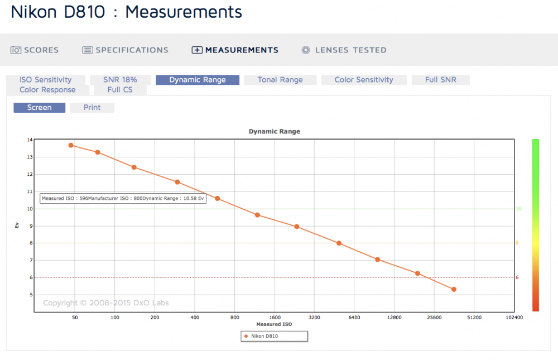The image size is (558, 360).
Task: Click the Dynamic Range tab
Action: click(x=198, y=80)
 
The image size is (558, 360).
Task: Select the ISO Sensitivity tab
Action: click(x=46, y=80)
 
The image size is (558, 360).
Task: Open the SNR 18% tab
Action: click(x=121, y=80)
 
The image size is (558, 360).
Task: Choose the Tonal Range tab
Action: click(x=280, y=80)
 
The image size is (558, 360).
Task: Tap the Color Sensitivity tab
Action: click(x=364, y=80)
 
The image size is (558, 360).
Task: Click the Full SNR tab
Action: click(x=441, y=80)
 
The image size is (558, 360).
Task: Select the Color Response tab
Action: click(x=47, y=90)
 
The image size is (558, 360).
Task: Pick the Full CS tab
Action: click(x=121, y=90)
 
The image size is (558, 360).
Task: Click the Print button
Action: click(x=92, y=108)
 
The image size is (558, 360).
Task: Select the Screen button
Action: click(x=40, y=108)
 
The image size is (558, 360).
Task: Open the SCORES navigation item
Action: click(x=35, y=50)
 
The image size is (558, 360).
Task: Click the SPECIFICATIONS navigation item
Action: click(x=125, y=50)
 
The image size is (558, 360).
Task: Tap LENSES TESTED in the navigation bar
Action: click(x=344, y=50)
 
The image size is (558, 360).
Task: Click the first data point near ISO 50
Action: click(x=71, y=145)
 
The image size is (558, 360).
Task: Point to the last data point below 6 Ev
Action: click(x=454, y=290)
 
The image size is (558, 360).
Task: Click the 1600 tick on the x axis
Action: click(x=275, y=318)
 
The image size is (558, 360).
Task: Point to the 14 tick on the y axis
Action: click(x=30, y=140)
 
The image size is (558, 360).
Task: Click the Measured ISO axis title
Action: click(x=274, y=324)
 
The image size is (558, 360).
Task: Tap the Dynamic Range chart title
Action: click(x=275, y=131)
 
